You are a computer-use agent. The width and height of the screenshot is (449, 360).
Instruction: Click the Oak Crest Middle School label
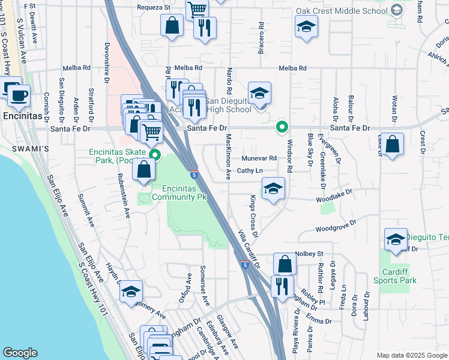(x=342, y=11)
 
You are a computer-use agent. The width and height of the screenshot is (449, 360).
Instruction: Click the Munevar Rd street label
(x=259, y=158)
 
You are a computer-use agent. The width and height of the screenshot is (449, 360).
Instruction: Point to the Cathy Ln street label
(x=250, y=171)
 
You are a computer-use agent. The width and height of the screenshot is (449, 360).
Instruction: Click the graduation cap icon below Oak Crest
(x=306, y=26)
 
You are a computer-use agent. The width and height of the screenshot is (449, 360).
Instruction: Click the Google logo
(x=20, y=353)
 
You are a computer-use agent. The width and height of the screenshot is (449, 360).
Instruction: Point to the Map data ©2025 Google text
(x=411, y=355)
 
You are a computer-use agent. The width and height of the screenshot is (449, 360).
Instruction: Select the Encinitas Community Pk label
(x=174, y=192)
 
